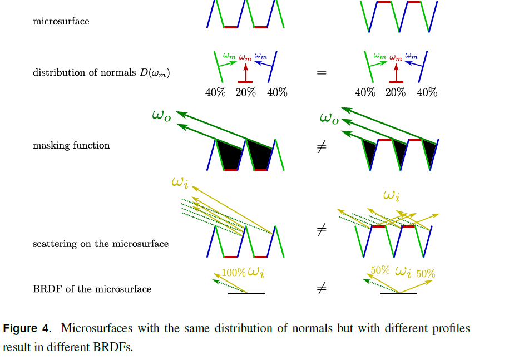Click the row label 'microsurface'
61,22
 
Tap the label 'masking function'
71,146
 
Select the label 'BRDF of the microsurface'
92,289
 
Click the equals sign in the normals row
321,72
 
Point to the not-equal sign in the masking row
321,149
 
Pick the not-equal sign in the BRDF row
321,289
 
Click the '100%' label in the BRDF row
234,273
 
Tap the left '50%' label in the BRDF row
380,270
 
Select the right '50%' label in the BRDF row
426,274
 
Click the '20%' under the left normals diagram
245,93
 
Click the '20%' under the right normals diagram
396,93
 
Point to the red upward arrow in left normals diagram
245,73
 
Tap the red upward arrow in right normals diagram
396,73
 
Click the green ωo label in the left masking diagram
161,116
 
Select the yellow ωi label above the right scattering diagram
392,195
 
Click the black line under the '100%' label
246,293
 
